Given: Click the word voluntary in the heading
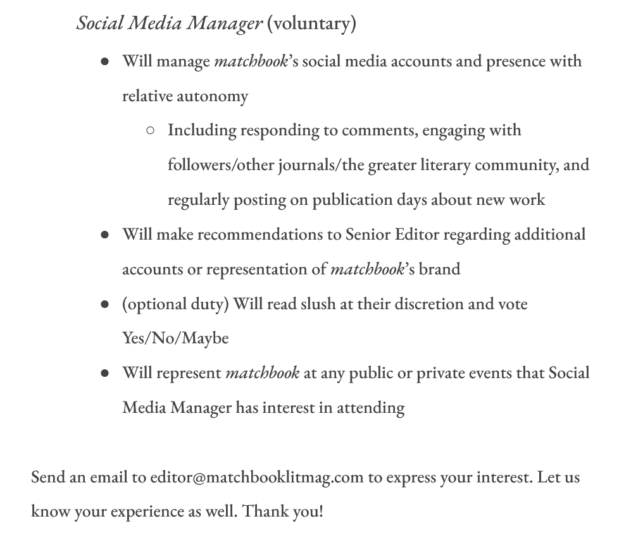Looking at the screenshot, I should (x=311, y=24).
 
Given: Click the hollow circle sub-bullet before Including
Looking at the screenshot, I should (x=150, y=131).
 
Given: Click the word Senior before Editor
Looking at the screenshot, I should (x=368, y=235).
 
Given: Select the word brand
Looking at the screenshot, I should (x=439, y=270).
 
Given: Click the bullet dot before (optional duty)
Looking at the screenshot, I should (x=105, y=305).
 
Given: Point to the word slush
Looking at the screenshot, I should (x=318, y=304).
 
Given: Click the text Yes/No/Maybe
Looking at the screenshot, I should (x=175, y=339).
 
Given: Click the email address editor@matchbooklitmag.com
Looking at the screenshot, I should (x=256, y=477).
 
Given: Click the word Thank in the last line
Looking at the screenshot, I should (x=265, y=511).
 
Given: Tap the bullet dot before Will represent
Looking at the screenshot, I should (x=105, y=374).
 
